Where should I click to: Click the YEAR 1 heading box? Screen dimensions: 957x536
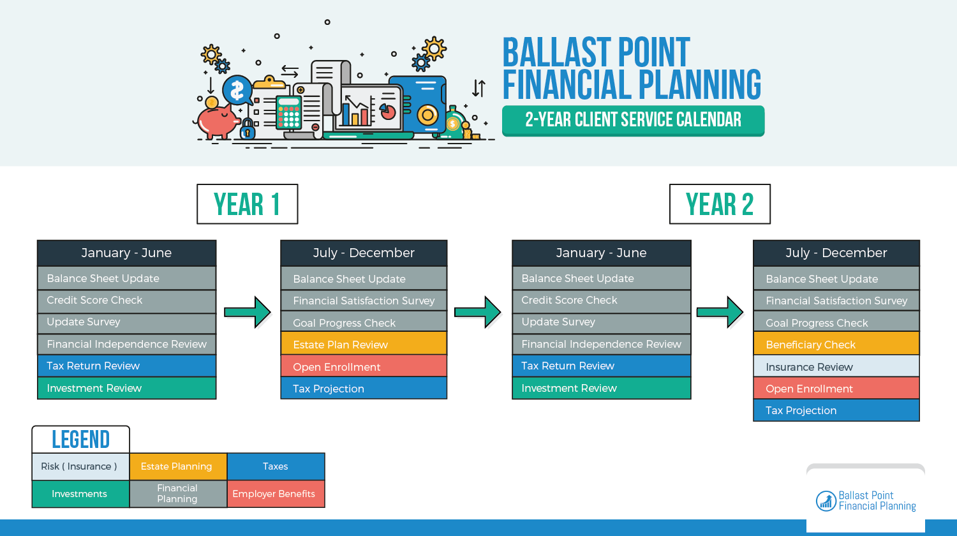[248, 204]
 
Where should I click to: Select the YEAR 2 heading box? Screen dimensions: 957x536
[720, 204]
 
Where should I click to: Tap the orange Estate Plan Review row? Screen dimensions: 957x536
[364, 344]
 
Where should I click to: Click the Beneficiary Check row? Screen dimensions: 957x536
[836, 344]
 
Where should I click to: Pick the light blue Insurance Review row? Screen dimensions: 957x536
[836, 366]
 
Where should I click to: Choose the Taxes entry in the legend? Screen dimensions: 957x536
[276, 466]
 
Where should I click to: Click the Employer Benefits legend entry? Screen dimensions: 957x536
[276, 494]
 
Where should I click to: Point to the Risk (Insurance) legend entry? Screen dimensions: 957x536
[80, 466]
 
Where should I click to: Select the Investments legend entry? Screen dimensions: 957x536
[80, 494]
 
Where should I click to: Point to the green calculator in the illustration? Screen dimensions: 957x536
[288, 112]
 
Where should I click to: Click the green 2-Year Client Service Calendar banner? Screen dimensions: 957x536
[633, 121]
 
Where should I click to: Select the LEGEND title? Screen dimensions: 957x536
[81, 440]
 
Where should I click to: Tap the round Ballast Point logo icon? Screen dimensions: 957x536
[826, 501]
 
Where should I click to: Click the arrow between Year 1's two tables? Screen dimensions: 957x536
[248, 312]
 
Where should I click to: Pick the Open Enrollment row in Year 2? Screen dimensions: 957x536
[836, 388]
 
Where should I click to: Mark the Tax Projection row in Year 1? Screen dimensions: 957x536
[364, 388]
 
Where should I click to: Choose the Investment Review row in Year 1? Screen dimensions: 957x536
[126, 388]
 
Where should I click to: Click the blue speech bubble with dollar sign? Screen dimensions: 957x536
[237, 90]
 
